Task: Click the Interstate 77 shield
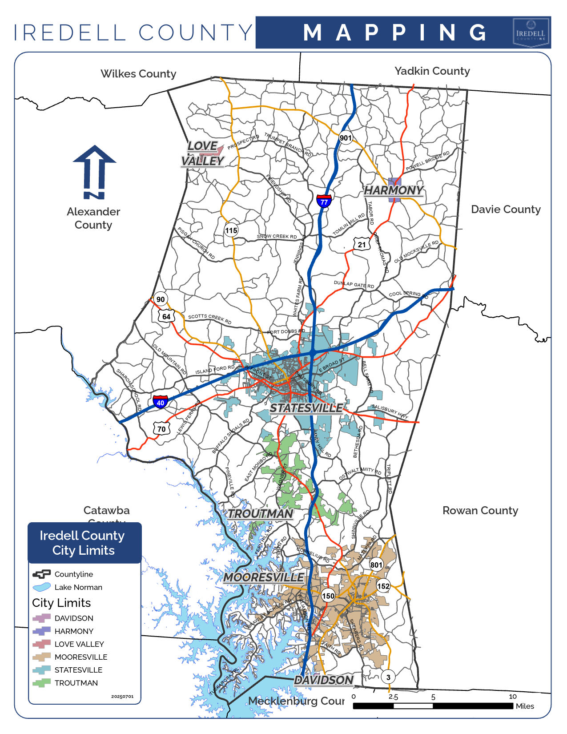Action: [324, 201]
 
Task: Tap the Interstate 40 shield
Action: [161, 402]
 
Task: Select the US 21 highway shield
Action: [362, 244]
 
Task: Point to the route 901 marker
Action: [346, 138]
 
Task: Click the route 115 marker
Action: [231, 230]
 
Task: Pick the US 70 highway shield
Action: [161, 429]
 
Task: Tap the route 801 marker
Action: [376, 565]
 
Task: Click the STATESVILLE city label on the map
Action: [306, 408]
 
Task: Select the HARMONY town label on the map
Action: [394, 190]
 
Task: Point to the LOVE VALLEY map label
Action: [203, 153]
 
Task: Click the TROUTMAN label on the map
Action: [261, 514]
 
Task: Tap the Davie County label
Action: [506, 210]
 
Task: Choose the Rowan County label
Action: [480, 511]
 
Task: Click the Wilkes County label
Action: [138, 74]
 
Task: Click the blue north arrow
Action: [94, 172]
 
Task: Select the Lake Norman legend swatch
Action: [41, 587]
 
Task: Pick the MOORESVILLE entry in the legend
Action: [80, 657]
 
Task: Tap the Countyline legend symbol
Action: [41, 574]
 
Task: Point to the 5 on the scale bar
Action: [433, 698]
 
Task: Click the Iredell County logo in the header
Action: [531, 32]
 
